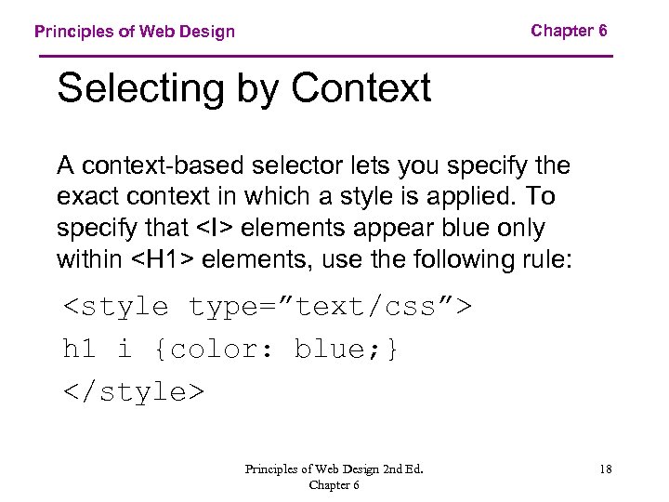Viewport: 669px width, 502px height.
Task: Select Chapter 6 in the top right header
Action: pos(569,31)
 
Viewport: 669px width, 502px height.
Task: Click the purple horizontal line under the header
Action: pos(326,57)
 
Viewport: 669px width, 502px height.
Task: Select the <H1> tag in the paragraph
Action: pos(164,258)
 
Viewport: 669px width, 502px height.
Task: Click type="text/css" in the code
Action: pos(330,306)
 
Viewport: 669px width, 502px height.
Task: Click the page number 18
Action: pos(605,469)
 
